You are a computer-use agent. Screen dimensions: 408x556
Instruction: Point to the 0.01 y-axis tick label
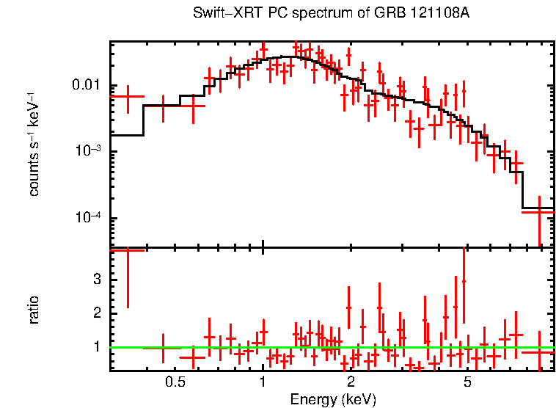click(87, 85)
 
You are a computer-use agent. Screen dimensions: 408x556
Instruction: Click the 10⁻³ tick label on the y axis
click(87, 150)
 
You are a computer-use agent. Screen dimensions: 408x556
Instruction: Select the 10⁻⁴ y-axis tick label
click(87, 218)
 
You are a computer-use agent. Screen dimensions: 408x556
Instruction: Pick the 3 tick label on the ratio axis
click(95, 280)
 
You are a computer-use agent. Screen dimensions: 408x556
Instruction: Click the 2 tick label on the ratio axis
click(95, 313)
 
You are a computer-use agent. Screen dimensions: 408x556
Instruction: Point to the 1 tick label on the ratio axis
click(95, 346)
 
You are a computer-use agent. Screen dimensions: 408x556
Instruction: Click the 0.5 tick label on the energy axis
click(175, 382)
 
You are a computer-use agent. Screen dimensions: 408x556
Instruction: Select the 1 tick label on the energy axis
click(263, 382)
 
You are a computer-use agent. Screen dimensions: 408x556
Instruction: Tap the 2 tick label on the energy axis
click(351, 382)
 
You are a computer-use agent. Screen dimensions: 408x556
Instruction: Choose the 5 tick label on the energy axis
click(468, 382)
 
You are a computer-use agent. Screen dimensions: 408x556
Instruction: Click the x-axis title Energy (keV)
click(333, 399)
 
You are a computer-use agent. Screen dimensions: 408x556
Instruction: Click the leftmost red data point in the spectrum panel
click(128, 96)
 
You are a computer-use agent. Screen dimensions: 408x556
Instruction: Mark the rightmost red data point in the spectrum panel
click(539, 211)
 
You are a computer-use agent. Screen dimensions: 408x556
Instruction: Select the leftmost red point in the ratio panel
click(128, 250)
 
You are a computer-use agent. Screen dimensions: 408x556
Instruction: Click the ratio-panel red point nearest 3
click(463, 281)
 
